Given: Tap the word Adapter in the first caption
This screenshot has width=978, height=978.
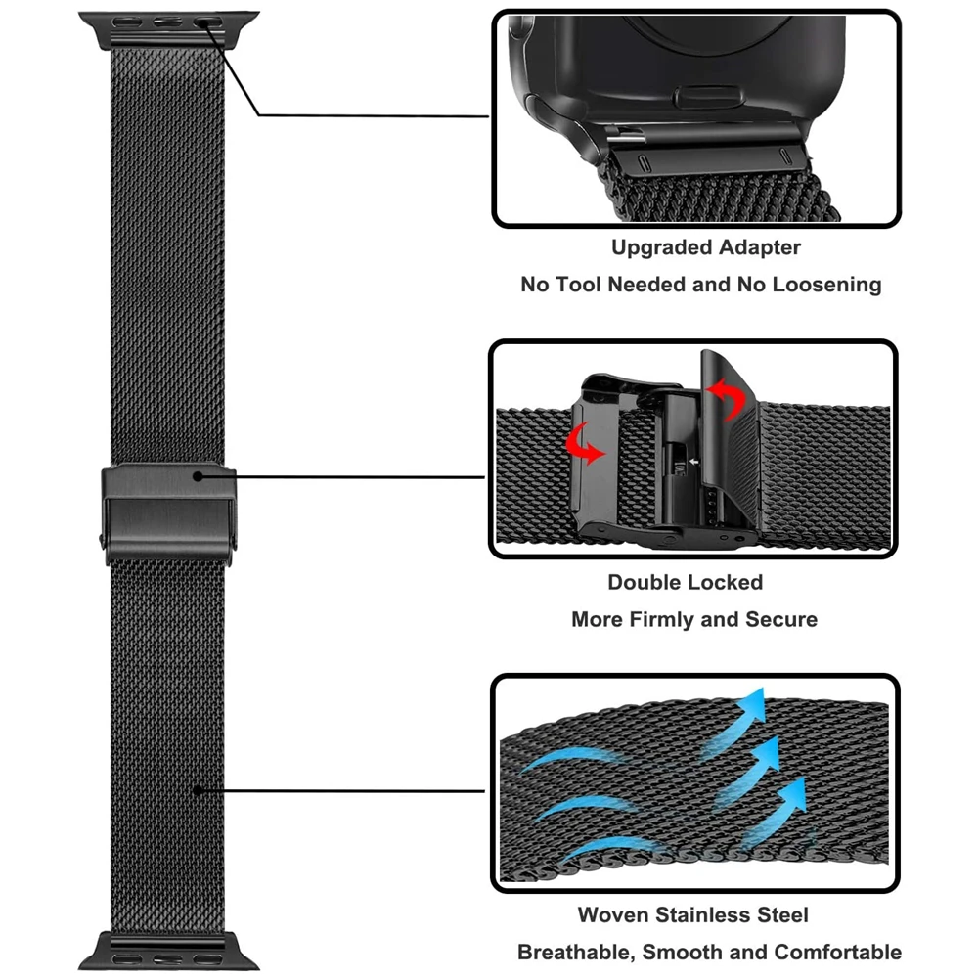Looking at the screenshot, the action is coord(760,248).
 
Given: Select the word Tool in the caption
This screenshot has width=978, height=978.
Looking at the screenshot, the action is coord(576,286).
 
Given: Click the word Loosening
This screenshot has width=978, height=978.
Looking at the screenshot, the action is coord(823,286).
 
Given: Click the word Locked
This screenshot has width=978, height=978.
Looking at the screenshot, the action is coord(725,583).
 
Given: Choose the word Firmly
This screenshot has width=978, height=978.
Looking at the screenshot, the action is coord(672,620).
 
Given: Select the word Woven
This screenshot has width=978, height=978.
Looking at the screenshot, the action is coord(614,915).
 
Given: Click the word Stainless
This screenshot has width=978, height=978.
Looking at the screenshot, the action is coord(705,915).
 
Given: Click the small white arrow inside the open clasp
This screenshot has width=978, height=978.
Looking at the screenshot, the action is coord(692,459).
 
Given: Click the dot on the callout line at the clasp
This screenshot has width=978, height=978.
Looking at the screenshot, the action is coord(199,477).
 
